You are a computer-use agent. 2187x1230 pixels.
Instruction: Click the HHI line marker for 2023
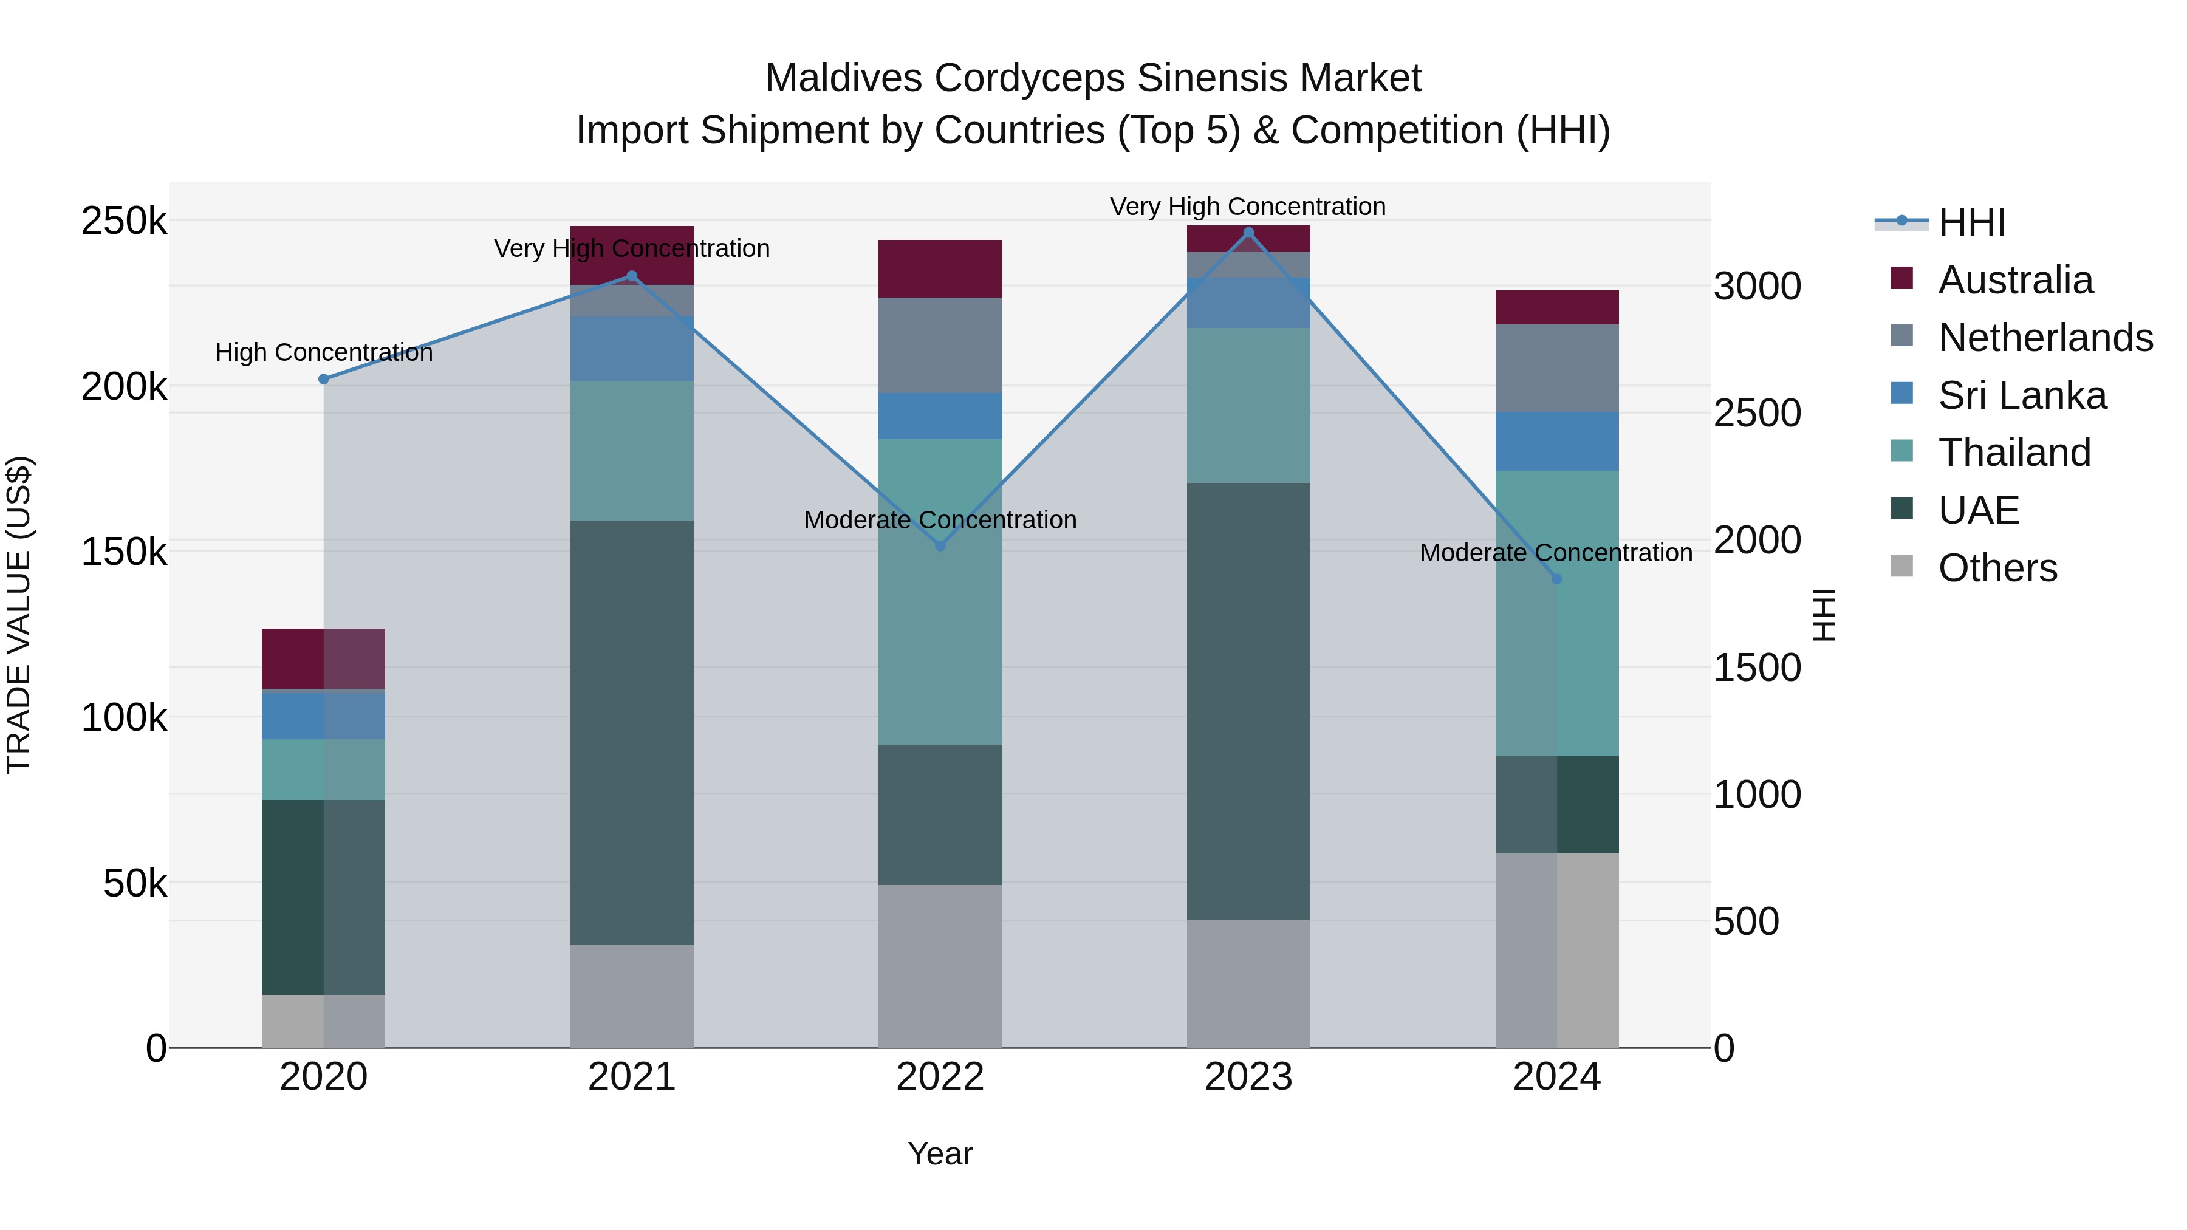tap(1248, 233)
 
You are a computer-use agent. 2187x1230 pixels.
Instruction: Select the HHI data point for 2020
tap(323, 380)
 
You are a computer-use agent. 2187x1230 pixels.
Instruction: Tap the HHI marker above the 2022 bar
tap(940, 546)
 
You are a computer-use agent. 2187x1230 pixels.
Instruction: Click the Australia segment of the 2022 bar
tap(940, 268)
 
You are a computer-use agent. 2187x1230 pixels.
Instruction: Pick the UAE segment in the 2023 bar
tap(1248, 701)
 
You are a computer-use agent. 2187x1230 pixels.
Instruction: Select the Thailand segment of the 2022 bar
tap(940, 592)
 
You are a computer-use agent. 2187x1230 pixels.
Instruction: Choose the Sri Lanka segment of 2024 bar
tap(1556, 442)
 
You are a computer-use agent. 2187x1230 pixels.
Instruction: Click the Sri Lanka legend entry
tap(2021, 395)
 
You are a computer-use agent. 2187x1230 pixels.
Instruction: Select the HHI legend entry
tap(1971, 222)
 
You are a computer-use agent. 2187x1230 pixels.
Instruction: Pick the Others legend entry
tap(1997, 568)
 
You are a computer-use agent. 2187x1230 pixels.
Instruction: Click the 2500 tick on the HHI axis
tap(1756, 414)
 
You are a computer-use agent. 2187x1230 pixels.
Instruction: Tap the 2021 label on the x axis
tap(632, 1077)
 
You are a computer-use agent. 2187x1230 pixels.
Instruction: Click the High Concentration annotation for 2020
tap(323, 352)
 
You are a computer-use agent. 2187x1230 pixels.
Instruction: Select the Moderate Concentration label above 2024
tap(1555, 553)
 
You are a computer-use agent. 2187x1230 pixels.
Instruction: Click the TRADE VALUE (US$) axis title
tap(19, 615)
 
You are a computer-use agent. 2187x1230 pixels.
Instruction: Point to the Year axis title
tap(940, 1153)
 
